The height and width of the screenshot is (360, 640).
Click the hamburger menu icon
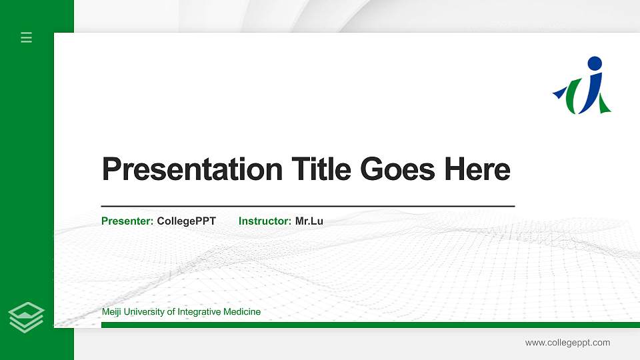pos(27,37)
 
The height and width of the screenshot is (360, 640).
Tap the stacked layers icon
pos(26,317)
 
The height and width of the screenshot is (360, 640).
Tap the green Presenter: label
pos(127,221)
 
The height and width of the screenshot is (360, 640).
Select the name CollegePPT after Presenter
pos(187,221)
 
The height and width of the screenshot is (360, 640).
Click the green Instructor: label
pos(265,221)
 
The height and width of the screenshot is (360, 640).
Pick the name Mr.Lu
pos(309,221)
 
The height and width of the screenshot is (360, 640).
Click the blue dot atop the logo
pos(594,64)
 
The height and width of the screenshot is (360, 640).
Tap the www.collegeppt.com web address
pos(567,343)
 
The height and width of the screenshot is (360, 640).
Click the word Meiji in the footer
pos(112,311)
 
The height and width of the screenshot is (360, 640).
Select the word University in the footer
pos(145,311)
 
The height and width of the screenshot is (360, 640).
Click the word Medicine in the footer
pos(243,311)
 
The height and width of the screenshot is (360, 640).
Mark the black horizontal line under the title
pos(307,207)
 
